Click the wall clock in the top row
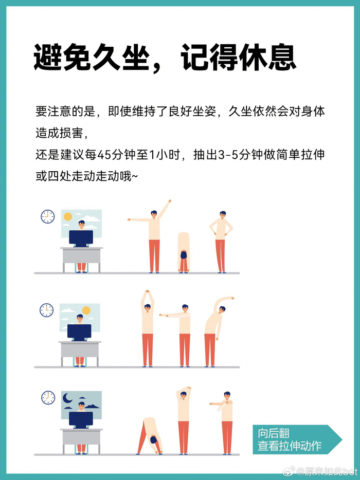[x=47, y=216]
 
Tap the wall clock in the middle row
[x=47, y=310]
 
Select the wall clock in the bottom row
[x=48, y=398]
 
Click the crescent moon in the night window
[x=67, y=398]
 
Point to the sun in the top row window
[x=68, y=217]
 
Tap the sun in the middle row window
[x=86, y=310]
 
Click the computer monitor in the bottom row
[x=81, y=420]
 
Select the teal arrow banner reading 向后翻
[x=297, y=439]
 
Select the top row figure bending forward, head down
[x=184, y=252]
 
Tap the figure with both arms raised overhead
[x=148, y=328]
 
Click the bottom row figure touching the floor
[x=149, y=436]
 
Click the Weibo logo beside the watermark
[x=289, y=471]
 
